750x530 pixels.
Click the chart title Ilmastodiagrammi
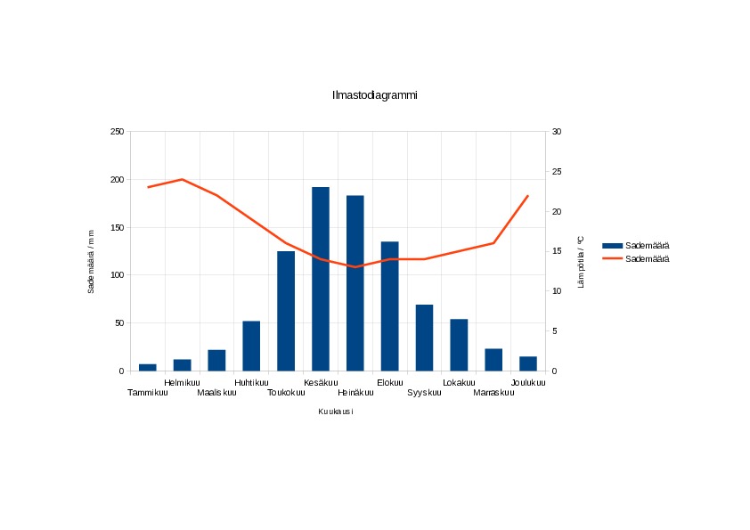click(x=374, y=95)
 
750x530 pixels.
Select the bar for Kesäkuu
click(x=321, y=279)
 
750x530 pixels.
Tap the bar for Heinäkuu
click(x=355, y=283)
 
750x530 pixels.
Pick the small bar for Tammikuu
click(x=148, y=367)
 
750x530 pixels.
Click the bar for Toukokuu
click(x=286, y=311)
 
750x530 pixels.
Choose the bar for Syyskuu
click(x=424, y=338)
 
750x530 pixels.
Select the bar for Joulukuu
click(x=528, y=363)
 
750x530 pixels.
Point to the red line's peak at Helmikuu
click(x=183, y=179)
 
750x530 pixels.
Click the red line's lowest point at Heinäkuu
click(x=355, y=267)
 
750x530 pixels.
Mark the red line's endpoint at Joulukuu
click(x=528, y=196)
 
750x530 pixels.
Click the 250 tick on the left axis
click(x=118, y=132)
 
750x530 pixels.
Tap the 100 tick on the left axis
click(x=118, y=275)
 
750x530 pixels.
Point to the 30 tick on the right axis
click(x=557, y=132)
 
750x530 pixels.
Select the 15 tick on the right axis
click(x=557, y=251)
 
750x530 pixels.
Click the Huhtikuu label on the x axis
click(x=251, y=383)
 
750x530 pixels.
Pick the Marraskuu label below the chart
click(x=493, y=393)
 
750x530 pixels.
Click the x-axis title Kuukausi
click(x=336, y=412)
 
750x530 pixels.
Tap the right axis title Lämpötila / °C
click(x=581, y=262)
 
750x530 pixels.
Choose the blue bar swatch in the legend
click(x=612, y=246)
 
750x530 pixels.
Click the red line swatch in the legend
click(x=612, y=259)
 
